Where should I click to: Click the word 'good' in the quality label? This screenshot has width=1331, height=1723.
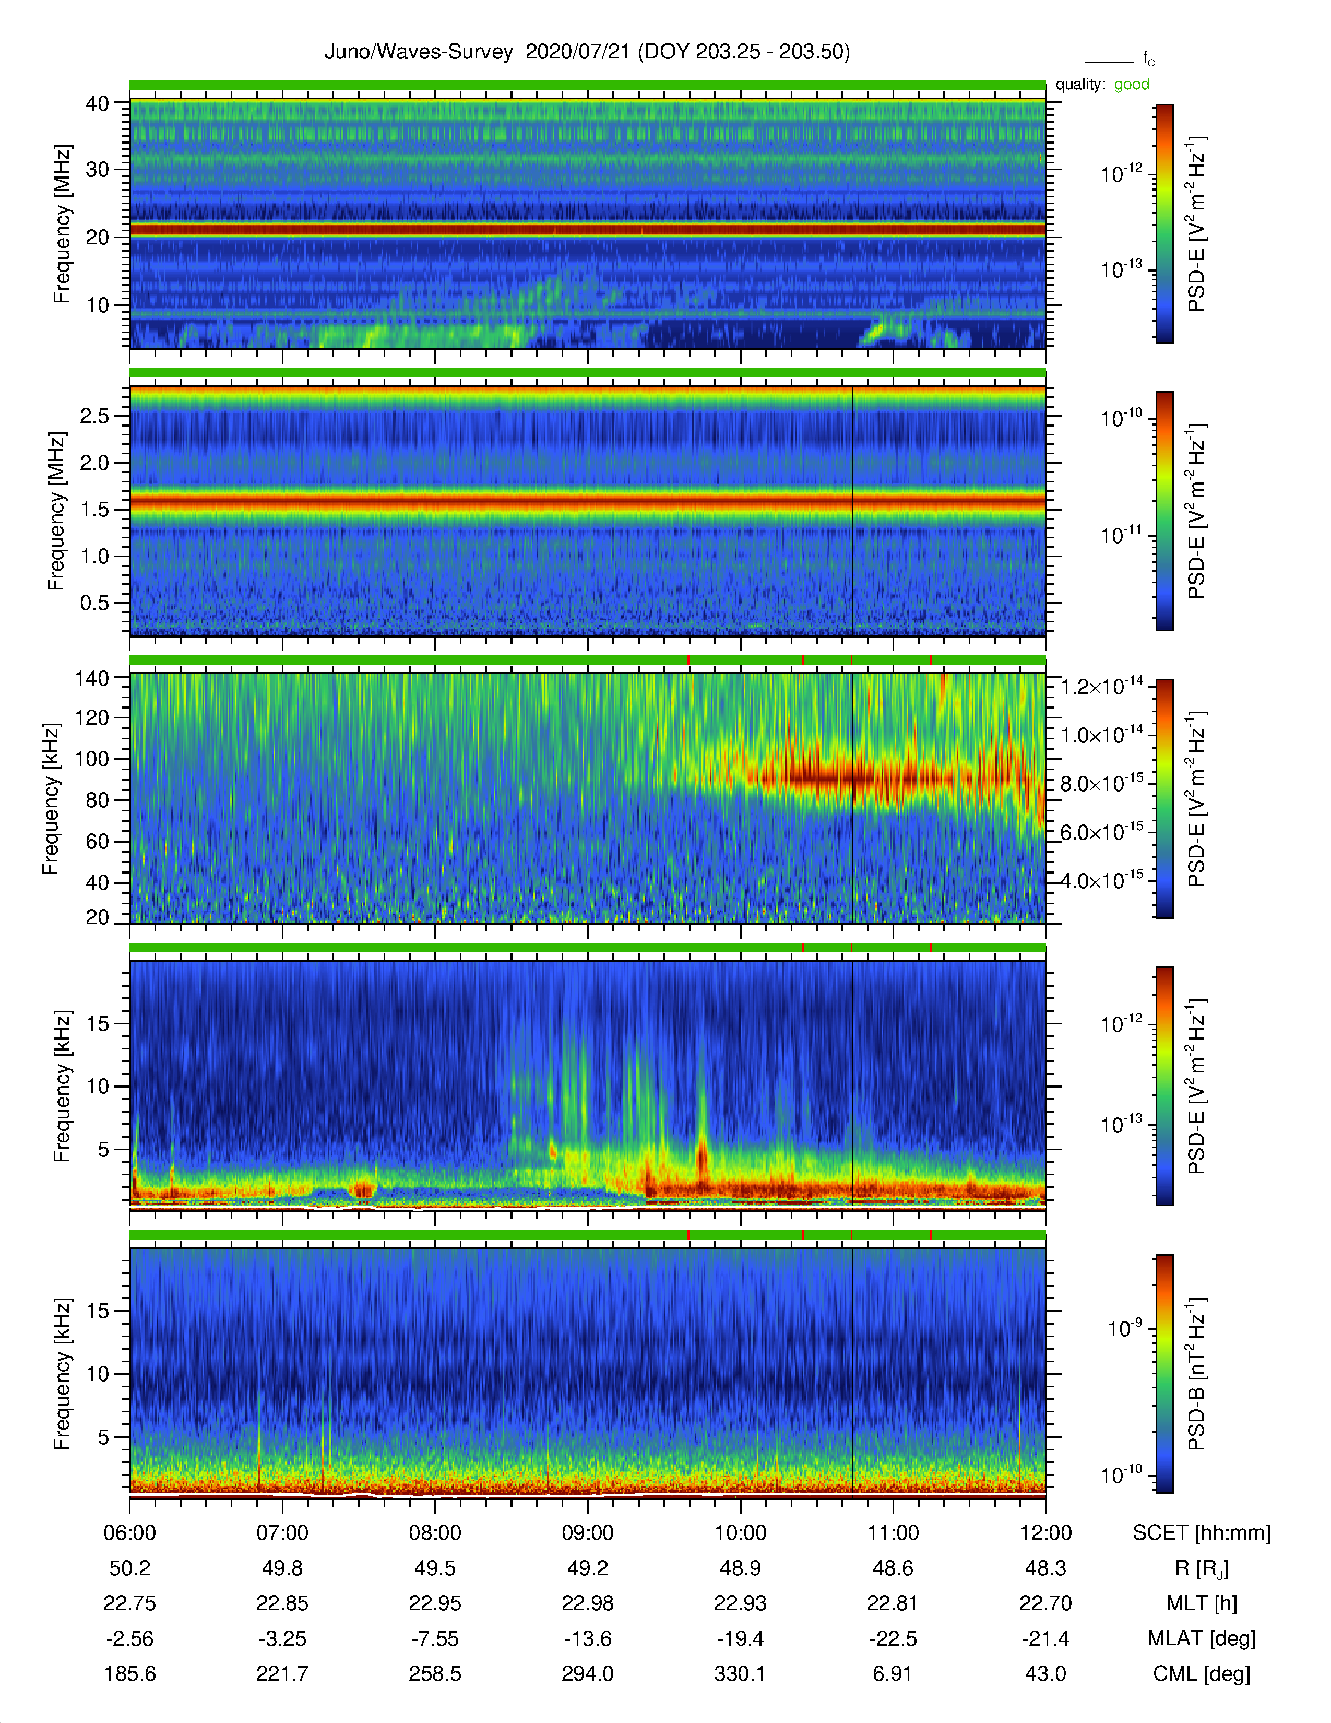pos(1132,85)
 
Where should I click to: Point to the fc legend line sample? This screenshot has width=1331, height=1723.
pos(1109,62)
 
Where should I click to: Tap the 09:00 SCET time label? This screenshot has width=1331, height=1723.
pos(587,1533)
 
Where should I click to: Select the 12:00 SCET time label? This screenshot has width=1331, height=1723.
pos(1045,1533)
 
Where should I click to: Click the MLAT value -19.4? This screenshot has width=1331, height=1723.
pos(741,1638)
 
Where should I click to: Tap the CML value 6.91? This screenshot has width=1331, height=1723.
pos(893,1673)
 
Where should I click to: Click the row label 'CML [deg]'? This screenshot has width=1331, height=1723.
pos(1202,1674)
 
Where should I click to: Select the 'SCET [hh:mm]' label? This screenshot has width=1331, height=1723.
pos(1202,1533)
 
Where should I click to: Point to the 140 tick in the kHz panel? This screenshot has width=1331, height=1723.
pos(91,678)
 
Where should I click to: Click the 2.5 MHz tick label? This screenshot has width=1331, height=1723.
pos(94,416)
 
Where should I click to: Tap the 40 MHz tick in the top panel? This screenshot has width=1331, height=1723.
pos(98,103)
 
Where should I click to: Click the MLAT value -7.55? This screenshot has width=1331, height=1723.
pos(435,1638)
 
